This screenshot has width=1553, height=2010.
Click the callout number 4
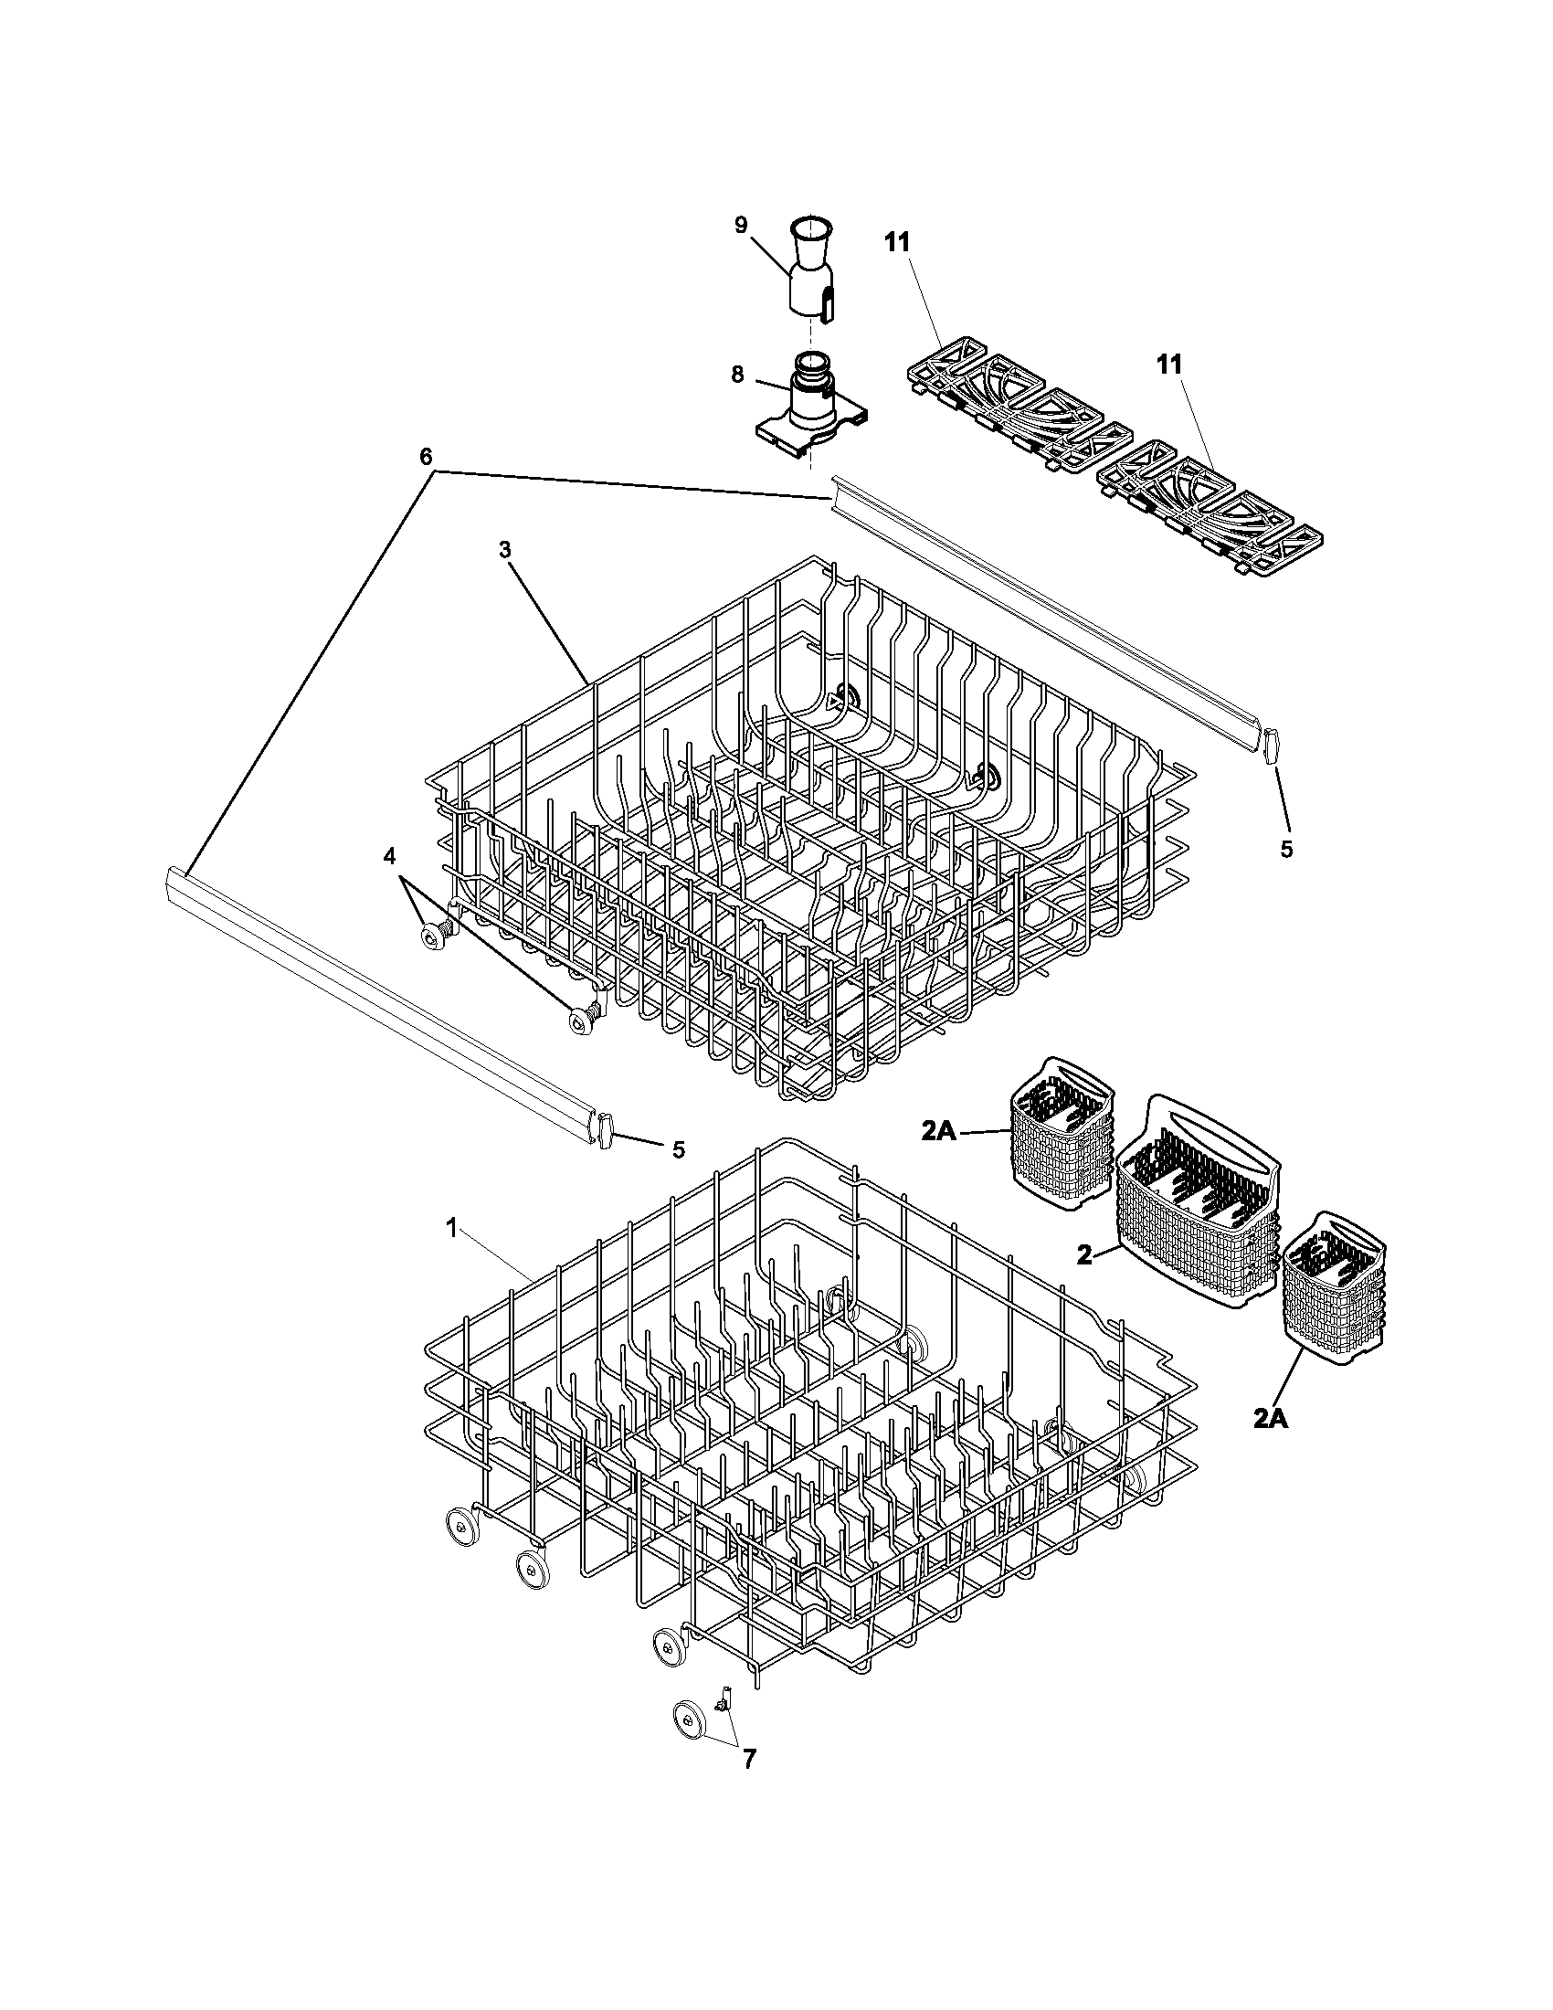coord(389,856)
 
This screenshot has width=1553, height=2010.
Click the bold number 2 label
coord(1085,1254)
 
